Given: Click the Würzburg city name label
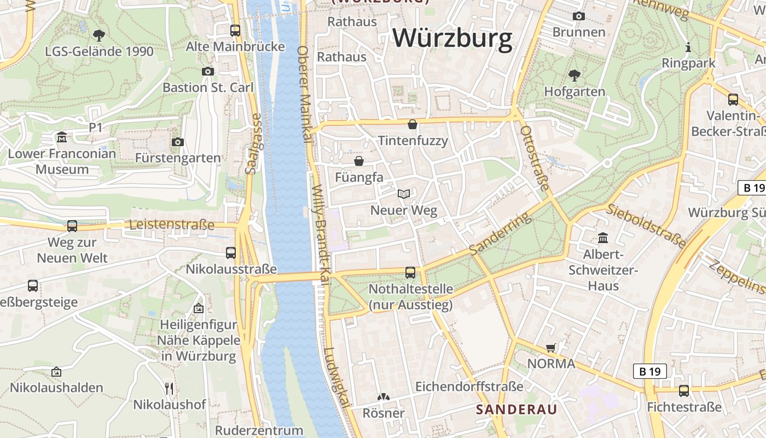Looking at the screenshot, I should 452,38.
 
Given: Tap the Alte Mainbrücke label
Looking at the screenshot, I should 235,47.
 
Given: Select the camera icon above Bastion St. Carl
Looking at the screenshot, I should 207,71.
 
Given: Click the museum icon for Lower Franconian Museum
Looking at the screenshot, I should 62,136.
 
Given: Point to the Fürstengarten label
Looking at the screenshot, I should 178,158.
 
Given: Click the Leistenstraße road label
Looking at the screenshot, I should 171,225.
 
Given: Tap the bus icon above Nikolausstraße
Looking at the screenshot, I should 231,252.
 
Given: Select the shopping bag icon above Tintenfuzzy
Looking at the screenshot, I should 413,124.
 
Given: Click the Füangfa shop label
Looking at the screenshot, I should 359,177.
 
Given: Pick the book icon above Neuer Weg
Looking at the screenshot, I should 404,194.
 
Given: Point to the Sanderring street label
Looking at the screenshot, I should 501,233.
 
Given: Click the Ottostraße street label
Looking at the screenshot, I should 534,158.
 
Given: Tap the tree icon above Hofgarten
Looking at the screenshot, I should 574,75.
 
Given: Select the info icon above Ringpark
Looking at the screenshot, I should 688,47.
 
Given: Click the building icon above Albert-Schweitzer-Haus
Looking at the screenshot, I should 603,238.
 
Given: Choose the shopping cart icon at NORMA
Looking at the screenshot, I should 551,348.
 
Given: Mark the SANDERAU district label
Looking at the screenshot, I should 516,410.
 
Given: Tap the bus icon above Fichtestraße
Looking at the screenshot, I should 684,390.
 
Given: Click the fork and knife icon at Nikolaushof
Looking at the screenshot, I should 169,389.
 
